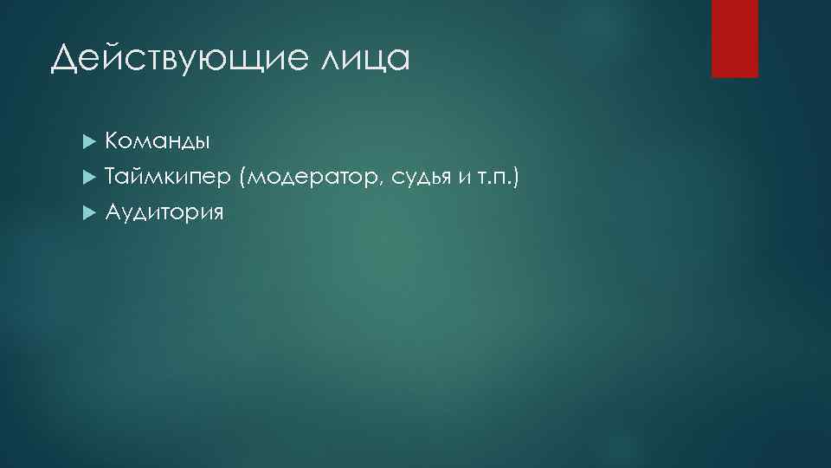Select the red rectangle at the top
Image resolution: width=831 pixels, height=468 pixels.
coord(734,38)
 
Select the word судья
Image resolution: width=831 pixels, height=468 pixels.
coord(422,179)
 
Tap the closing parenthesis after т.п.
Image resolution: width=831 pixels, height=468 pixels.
coord(516,178)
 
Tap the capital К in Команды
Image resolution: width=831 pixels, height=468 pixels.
coord(113,140)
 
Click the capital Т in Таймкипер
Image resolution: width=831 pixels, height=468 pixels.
coord(112,177)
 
